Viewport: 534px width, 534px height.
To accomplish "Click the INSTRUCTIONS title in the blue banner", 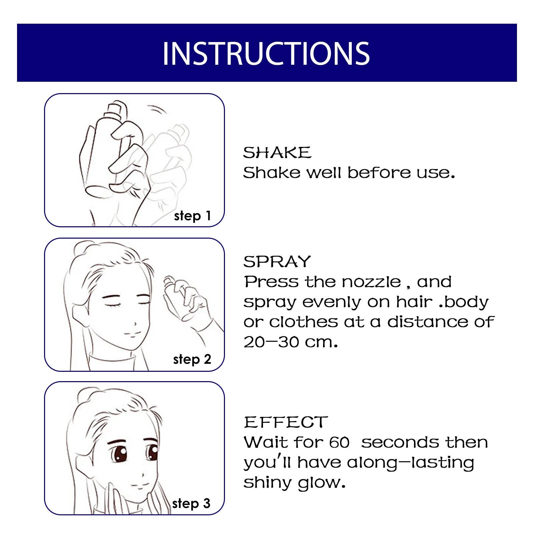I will click(x=266, y=53).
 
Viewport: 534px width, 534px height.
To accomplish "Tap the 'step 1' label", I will click(x=192, y=216).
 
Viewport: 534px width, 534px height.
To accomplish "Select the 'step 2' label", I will click(x=192, y=359).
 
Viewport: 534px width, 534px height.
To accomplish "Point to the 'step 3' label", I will click(x=191, y=503).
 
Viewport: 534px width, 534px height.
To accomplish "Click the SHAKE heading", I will click(x=277, y=153).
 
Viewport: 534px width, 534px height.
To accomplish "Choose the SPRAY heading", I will click(x=277, y=262).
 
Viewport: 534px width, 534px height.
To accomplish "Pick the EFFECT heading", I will click(x=286, y=422).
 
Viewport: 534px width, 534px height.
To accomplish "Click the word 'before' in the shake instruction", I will click(x=379, y=173).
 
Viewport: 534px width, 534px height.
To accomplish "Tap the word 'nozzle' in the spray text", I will click(x=371, y=282).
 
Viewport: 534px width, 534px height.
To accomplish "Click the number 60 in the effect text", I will click(x=339, y=443).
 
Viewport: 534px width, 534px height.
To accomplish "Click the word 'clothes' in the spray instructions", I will click(x=303, y=322).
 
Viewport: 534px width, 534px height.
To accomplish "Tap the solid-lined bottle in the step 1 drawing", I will click(x=103, y=150).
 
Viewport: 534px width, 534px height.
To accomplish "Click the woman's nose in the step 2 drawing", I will click(x=135, y=323).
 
